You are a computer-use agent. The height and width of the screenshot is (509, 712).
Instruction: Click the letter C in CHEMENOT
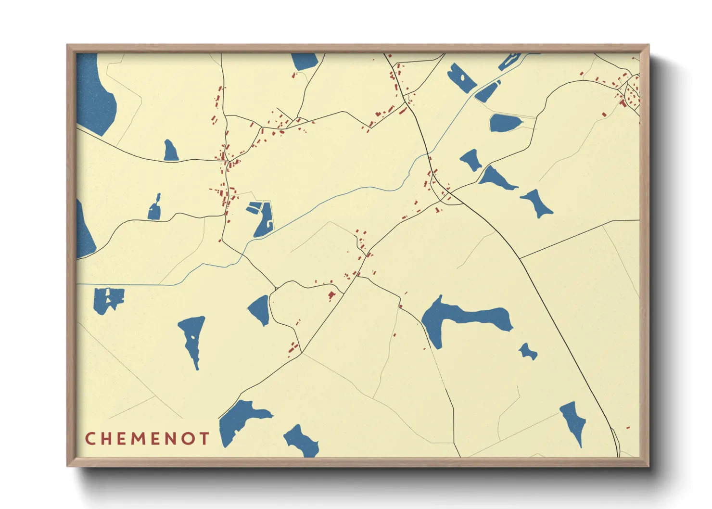click(89, 438)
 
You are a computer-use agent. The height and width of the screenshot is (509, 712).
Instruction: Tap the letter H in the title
click(106, 438)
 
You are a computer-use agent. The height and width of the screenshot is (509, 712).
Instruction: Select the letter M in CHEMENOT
click(140, 438)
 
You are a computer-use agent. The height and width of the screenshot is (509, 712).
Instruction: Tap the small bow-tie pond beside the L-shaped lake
click(528, 352)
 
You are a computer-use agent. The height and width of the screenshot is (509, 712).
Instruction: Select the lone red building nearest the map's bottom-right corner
click(628, 427)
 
